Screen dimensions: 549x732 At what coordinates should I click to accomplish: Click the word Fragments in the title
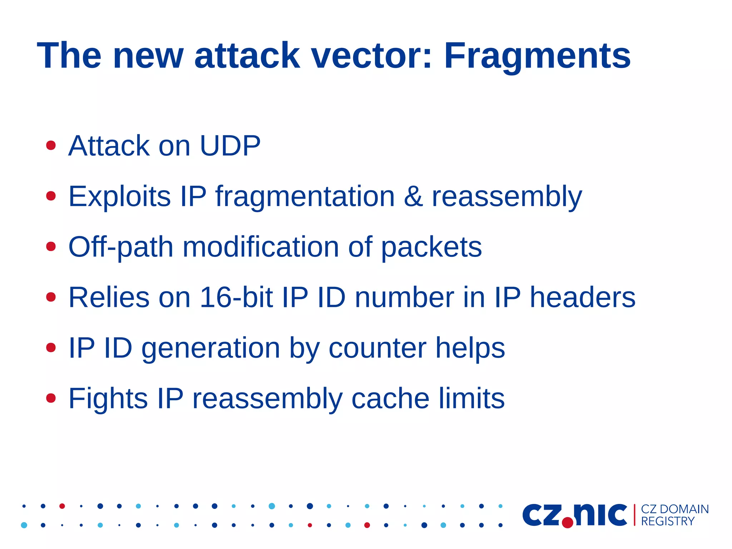click(x=537, y=57)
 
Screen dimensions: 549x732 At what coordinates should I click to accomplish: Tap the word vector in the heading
click(x=366, y=57)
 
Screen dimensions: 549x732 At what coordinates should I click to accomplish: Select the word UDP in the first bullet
click(x=230, y=146)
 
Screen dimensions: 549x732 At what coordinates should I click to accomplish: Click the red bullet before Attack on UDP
click(x=51, y=146)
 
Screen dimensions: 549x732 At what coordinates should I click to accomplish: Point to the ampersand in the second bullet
click(x=413, y=196)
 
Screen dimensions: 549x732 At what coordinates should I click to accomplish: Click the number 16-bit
click(x=236, y=297)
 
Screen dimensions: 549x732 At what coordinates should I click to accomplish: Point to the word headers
click(x=582, y=297)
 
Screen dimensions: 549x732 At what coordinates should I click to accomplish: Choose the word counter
click(x=377, y=348)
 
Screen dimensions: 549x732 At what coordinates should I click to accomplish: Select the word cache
click(x=390, y=398)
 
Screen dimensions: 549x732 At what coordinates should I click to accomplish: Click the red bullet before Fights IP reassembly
click(x=51, y=398)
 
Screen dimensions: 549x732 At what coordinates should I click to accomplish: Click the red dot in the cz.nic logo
click(x=567, y=522)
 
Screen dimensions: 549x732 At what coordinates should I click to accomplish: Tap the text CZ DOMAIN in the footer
click(x=674, y=509)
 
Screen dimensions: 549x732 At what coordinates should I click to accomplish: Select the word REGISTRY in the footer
click(x=667, y=521)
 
